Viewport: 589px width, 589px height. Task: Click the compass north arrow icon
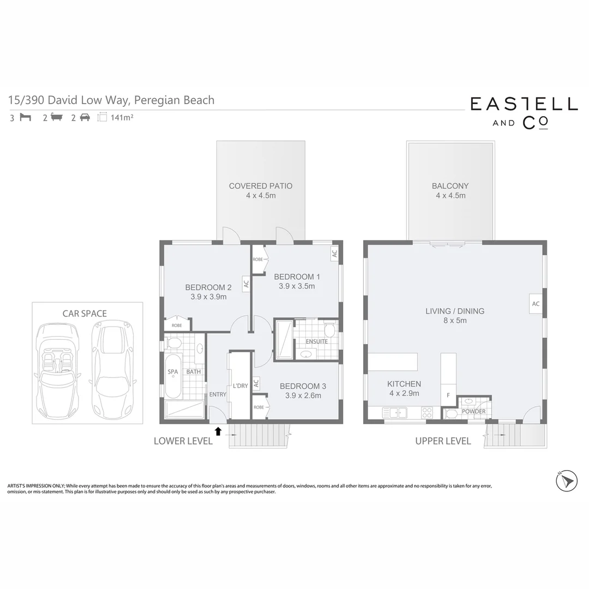[x=566, y=480]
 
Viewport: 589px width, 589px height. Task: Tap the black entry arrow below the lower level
[x=218, y=431]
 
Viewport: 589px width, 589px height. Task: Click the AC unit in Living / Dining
[x=535, y=304]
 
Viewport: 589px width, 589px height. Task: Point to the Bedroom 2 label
[x=208, y=287]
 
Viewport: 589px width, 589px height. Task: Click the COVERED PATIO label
[x=260, y=186]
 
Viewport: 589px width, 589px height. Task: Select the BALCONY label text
[x=450, y=186]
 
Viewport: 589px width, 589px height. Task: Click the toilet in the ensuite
[x=329, y=330]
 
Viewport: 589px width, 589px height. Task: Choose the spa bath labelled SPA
[x=173, y=376]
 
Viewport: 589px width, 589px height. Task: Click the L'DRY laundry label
[x=240, y=386]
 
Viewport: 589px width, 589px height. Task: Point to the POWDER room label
[x=473, y=411]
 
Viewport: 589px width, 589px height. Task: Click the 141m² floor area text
[x=122, y=117]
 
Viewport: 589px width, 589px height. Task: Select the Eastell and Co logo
[x=524, y=112]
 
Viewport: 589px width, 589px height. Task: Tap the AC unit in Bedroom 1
[x=334, y=253]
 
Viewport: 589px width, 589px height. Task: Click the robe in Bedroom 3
[x=259, y=407]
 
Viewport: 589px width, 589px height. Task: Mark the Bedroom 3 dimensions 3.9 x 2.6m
[x=300, y=396]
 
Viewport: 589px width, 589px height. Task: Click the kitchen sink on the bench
[x=394, y=413]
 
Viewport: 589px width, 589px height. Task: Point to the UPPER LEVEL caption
[x=443, y=441]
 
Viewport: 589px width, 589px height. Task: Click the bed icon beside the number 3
[x=25, y=117]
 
